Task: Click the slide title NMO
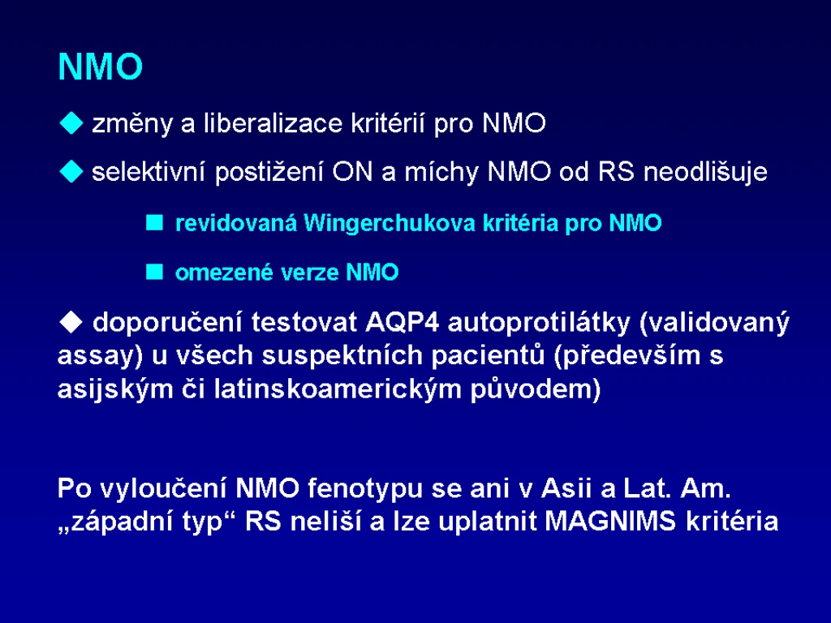click(100, 67)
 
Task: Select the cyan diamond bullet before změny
click(71, 123)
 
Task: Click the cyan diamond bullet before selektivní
click(71, 172)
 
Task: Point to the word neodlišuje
click(705, 172)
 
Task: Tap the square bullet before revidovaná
click(154, 222)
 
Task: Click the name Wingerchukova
click(390, 224)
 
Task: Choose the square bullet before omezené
click(154, 272)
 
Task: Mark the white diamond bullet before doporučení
click(71, 321)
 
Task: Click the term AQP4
click(403, 322)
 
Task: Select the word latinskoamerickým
click(338, 389)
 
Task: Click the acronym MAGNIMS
click(610, 522)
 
